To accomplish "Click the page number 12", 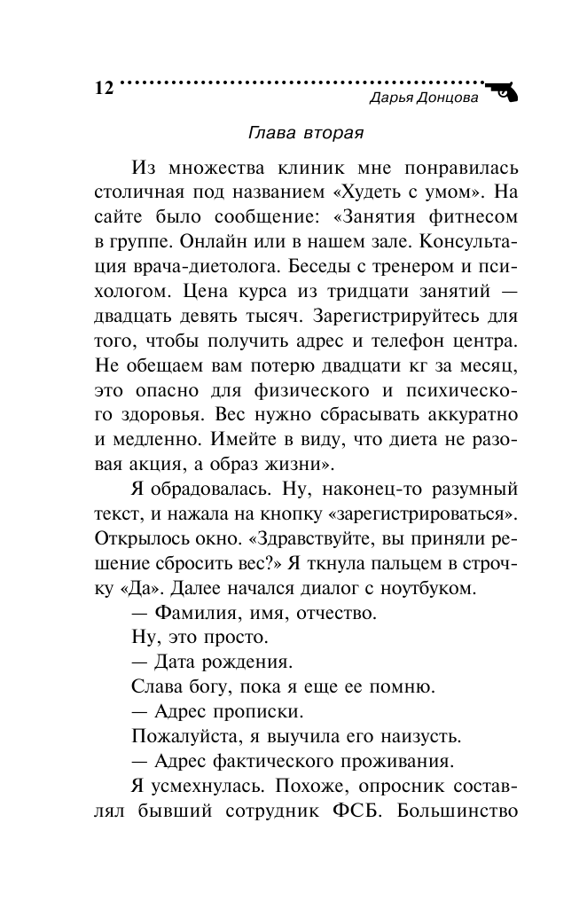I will pyautogui.click(x=103, y=89).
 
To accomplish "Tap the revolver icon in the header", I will pyautogui.click(x=504, y=91).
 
